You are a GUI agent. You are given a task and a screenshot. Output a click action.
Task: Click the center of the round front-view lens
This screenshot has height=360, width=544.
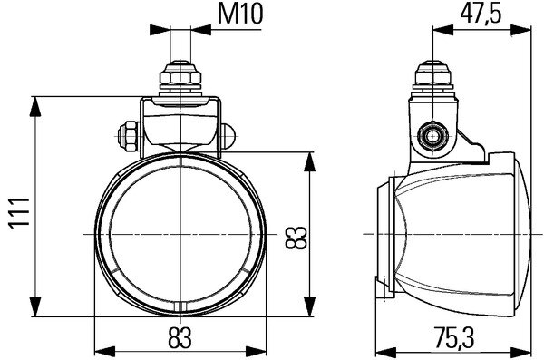(182, 234)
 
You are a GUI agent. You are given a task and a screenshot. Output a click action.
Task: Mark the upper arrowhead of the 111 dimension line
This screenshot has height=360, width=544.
(36, 101)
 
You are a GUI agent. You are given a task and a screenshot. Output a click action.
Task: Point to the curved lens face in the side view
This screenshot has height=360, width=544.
(399, 234)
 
